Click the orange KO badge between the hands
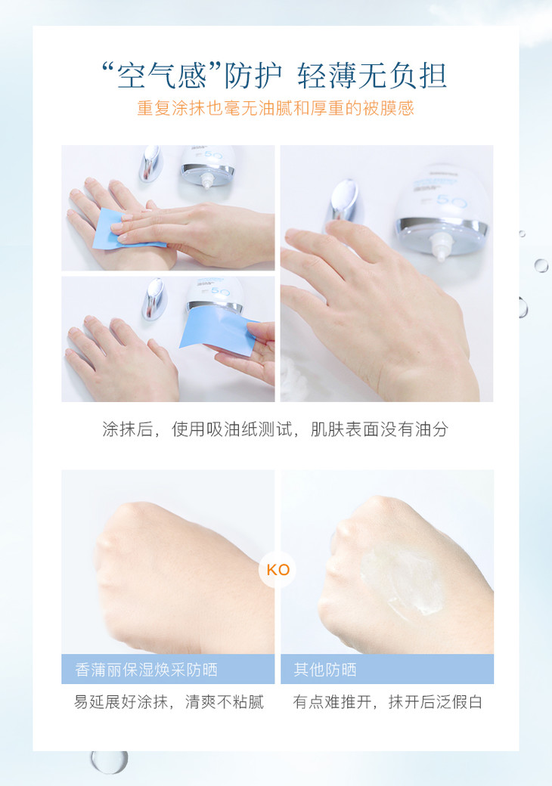tap(278, 569)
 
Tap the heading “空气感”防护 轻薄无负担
tap(274, 76)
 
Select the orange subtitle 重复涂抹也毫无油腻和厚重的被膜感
tap(276, 108)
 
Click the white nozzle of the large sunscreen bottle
tap(442, 246)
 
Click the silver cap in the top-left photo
tap(150, 163)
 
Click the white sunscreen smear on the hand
tap(401, 581)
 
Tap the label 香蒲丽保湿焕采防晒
tap(147, 670)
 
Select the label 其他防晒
tap(325, 670)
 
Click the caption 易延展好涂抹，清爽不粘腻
tap(169, 702)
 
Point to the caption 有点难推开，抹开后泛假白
tap(388, 702)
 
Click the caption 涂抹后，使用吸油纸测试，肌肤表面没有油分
tap(275, 429)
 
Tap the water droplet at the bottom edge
tap(109, 762)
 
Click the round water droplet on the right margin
tap(541, 265)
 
